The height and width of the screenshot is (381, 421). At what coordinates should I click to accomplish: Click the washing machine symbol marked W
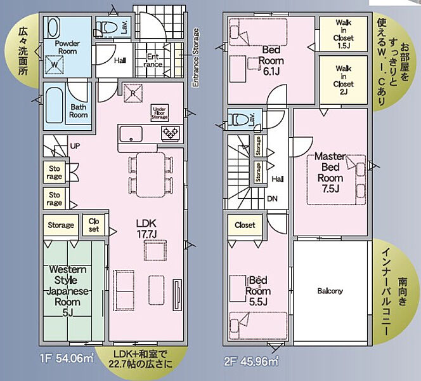(55, 65)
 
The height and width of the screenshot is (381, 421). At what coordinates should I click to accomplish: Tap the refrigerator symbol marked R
(133, 93)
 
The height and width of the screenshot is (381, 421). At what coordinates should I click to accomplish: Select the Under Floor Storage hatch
(160, 113)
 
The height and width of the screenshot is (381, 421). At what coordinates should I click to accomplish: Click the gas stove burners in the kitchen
(171, 133)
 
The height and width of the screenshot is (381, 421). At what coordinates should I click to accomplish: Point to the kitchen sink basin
(131, 134)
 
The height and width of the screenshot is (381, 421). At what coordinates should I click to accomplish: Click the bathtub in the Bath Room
(55, 105)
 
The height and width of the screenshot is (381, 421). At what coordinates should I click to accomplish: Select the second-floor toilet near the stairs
(239, 119)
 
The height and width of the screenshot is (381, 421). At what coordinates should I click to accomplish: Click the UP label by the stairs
(75, 146)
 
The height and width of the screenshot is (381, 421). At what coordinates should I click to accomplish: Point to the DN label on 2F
(272, 199)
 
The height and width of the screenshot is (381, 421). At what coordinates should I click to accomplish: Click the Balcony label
(330, 291)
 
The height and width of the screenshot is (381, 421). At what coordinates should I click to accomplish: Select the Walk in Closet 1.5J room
(344, 34)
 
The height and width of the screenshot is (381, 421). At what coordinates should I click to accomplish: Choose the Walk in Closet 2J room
(344, 80)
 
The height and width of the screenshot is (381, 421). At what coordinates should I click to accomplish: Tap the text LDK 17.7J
(146, 229)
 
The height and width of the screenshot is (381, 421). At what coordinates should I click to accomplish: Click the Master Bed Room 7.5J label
(330, 172)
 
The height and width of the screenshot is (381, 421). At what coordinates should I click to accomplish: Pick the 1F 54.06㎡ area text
(67, 359)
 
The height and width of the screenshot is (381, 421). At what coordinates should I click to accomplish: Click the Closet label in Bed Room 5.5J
(245, 225)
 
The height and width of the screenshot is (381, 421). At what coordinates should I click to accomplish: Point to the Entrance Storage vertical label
(196, 58)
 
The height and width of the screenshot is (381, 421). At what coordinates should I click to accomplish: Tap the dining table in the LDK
(151, 175)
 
